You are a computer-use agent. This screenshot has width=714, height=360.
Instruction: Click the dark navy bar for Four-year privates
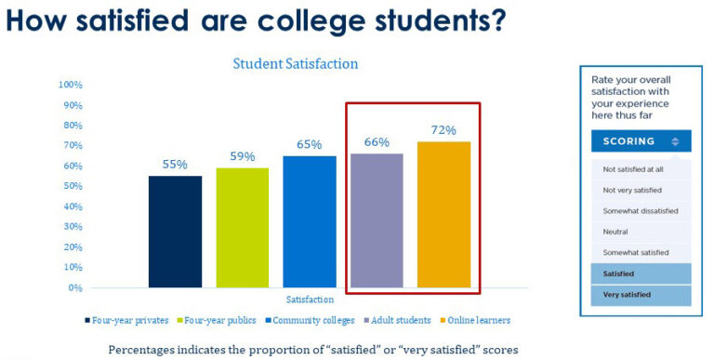(x=175, y=232)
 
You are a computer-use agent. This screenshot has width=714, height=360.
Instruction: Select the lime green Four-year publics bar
(x=243, y=227)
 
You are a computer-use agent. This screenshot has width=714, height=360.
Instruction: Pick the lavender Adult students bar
(x=377, y=220)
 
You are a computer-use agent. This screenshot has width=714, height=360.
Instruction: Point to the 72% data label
(x=443, y=130)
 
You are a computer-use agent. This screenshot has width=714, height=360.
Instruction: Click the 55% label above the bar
(x=175, y=165)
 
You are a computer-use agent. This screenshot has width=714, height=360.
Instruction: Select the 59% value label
(x=243, y=156)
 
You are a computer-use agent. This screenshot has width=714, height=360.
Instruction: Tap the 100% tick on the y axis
(x=71, y=85)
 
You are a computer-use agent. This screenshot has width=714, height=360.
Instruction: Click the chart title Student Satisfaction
(x=295, y=64)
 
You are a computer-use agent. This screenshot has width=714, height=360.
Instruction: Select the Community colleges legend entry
(x=312, y=321)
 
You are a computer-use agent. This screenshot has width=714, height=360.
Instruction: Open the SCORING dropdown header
(x=640, y=141)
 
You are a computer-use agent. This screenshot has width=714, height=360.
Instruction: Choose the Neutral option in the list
(x=615, y=232)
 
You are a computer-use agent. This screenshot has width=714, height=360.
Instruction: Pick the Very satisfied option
(x=627, y=295)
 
